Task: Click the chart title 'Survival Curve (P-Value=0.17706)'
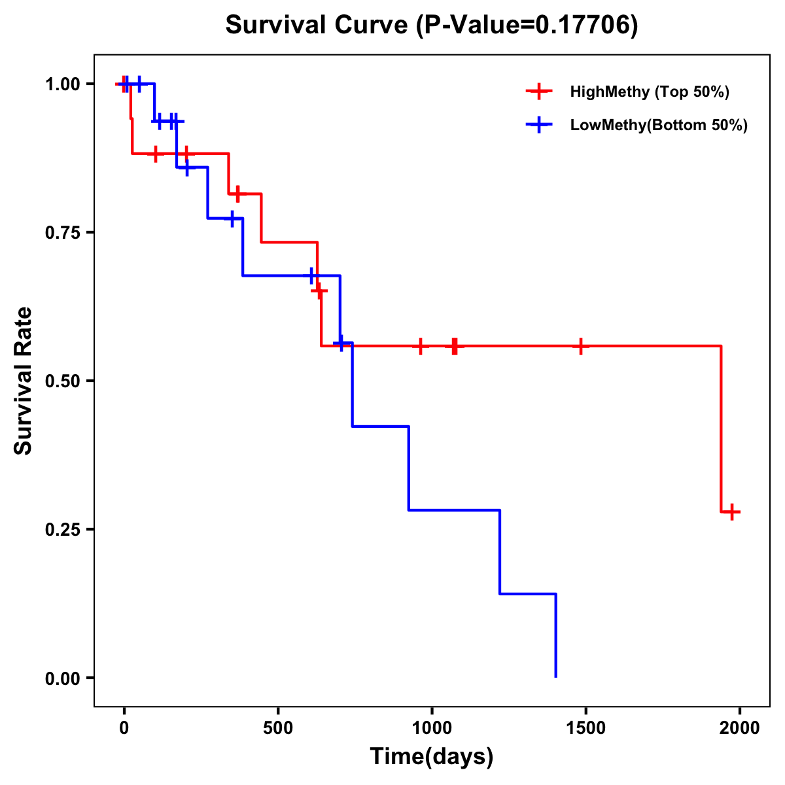click(431, 25)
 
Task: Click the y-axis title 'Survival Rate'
click(24, 381)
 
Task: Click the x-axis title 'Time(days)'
click(432, 757)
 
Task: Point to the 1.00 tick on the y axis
click(62, 84)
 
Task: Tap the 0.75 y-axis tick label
click(62, 232)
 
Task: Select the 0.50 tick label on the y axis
click(62, 381)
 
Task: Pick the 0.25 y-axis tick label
click(62, 529)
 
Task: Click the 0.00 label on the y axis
click(62, 678)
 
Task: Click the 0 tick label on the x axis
click(124, 728)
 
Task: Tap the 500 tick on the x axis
click(278, 728)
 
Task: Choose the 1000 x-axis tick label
click(432, 728)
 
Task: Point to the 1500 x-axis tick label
click(585, 728)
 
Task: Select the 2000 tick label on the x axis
click(740, 728)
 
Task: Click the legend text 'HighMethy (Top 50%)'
click(650, 92)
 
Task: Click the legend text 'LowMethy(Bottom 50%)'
click(659, 125)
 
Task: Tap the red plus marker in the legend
click(538, 92)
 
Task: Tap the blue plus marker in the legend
click(538, 125)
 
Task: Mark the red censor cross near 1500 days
click(580, 345)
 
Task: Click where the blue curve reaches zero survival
click(555, 676)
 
